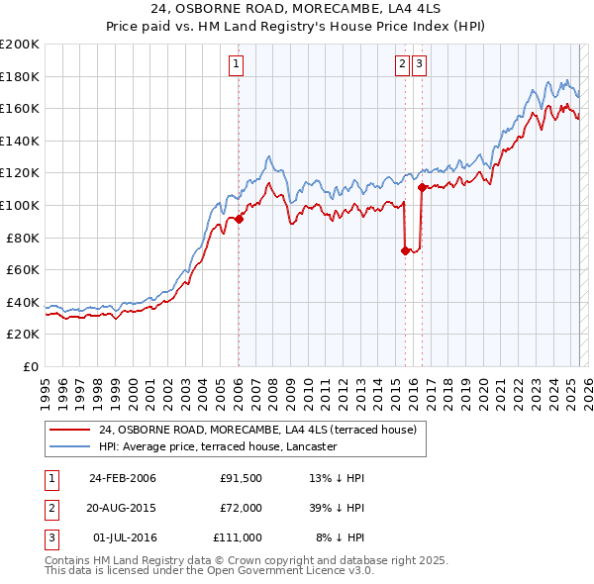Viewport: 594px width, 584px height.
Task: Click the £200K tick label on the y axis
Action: point(20,45)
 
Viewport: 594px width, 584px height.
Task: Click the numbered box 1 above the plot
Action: point(238,65)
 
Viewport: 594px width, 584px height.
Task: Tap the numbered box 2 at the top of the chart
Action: point(403,65)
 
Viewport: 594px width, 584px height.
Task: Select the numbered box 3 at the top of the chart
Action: point(419,65)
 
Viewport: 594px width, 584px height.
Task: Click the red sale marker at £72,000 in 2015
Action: point(405,250)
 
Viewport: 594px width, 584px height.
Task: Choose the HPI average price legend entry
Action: point(218,446)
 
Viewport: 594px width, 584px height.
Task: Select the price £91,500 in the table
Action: point(241,478)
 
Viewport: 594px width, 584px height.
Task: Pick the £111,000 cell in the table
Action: point(238,537)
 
